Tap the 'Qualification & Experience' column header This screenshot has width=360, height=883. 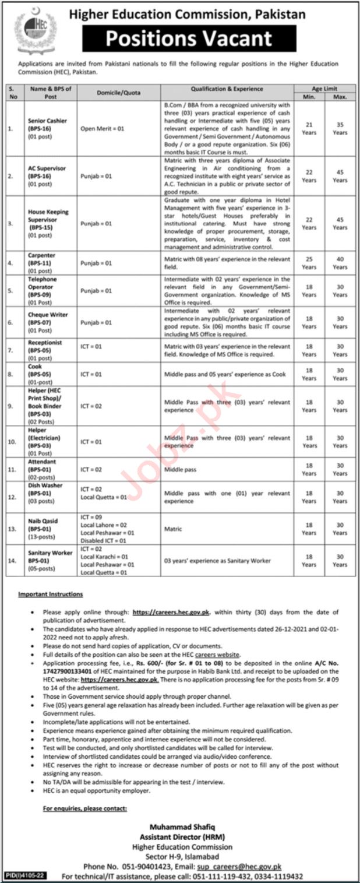pyautogui.click(x=227, y=89)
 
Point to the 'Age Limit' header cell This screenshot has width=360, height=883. pyautogui.click(x=324, y=89)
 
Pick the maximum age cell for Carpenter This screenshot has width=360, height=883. pyautogui.click(x=340, y=263)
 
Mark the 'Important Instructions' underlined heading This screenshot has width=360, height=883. pyautogui.click(x=50, y=594)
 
